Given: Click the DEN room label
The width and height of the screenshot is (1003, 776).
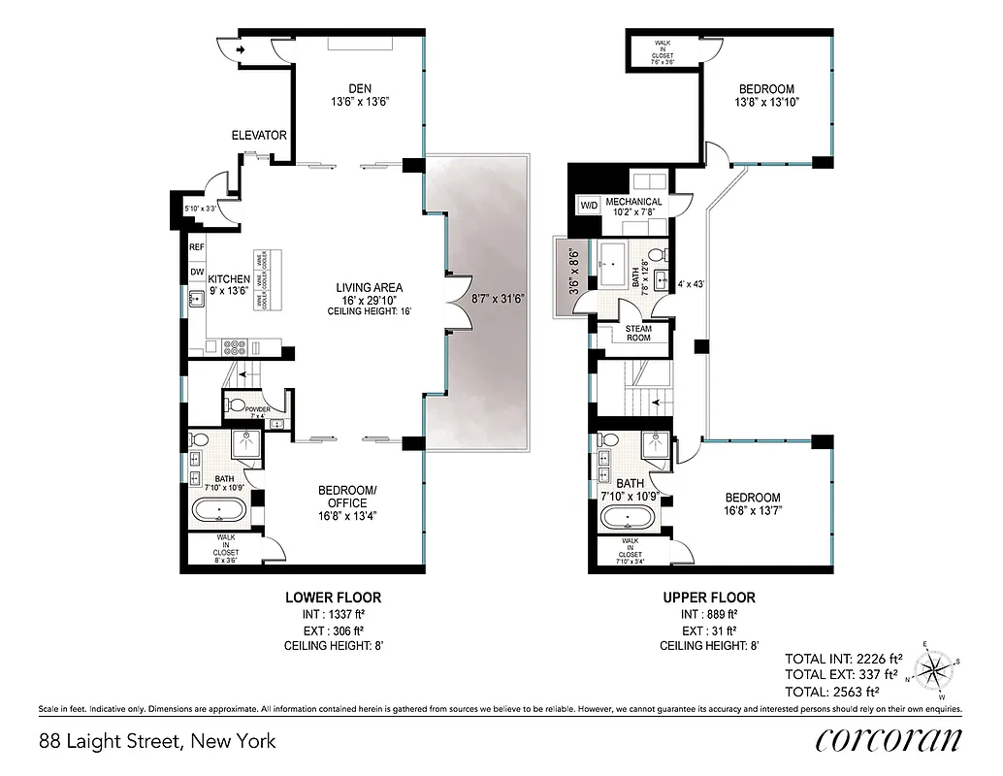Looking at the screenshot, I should (x=360, y=89).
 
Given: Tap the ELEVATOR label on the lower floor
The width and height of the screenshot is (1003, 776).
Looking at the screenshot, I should (x=258, y=135).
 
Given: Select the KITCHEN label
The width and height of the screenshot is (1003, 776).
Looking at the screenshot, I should (x=229, y=279).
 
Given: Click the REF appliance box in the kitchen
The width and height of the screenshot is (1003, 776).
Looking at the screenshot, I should (x=197, y=247).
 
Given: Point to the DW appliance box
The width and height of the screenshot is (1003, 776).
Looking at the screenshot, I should (x=197, y=273).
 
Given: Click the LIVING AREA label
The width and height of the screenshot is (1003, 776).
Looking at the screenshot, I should (x=369, y=288).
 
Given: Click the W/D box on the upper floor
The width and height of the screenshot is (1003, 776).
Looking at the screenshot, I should (x=589, y=206).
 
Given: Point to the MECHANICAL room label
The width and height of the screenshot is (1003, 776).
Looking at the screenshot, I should (x=633, y=202).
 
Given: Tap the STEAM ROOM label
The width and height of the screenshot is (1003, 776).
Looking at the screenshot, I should (x=637, y=333).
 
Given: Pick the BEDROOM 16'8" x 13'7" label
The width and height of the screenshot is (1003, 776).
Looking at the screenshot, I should (x=752, y=498).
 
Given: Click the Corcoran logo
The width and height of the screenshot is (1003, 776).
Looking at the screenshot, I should (x=889, y=739).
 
